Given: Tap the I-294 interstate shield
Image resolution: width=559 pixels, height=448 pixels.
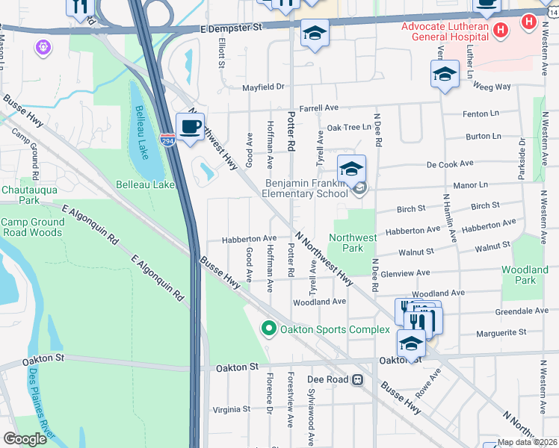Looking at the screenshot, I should pos(168,140).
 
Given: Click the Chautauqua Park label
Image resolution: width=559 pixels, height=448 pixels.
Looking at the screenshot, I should pos(19,195).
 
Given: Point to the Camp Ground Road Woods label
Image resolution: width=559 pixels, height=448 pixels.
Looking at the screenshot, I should pos(32,228).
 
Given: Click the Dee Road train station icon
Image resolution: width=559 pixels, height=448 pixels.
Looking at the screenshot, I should pos(358,380).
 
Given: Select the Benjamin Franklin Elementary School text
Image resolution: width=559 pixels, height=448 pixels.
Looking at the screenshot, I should pos(307,188).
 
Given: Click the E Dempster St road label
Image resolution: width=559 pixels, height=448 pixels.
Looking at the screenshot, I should pos(233,28).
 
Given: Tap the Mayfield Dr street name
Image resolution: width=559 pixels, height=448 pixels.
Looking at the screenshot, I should pos(264,87).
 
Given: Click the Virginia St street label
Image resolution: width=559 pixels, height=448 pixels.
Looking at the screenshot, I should pos(231,409).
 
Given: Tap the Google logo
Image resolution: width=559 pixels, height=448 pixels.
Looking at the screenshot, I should pos(25,439).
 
